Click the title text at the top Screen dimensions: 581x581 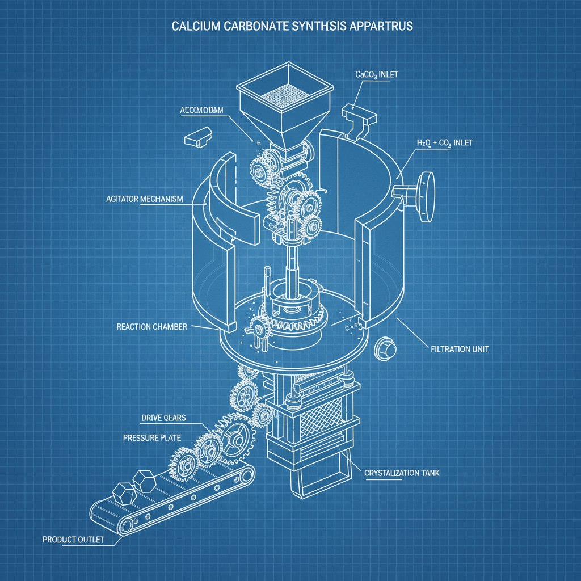[290, 27]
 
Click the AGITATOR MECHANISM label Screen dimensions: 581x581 [145, 199]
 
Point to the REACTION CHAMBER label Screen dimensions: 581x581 [151, 327]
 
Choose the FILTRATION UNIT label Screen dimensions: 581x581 [456, 349]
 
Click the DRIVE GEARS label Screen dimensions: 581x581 [166, 418]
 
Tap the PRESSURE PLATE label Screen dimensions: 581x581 [151, 438]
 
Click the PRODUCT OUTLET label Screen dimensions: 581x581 [73, 539]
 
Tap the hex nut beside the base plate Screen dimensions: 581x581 [384, 348]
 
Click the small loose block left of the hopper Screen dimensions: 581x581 [198, 136]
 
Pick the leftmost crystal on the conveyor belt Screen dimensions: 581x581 [123, 492]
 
